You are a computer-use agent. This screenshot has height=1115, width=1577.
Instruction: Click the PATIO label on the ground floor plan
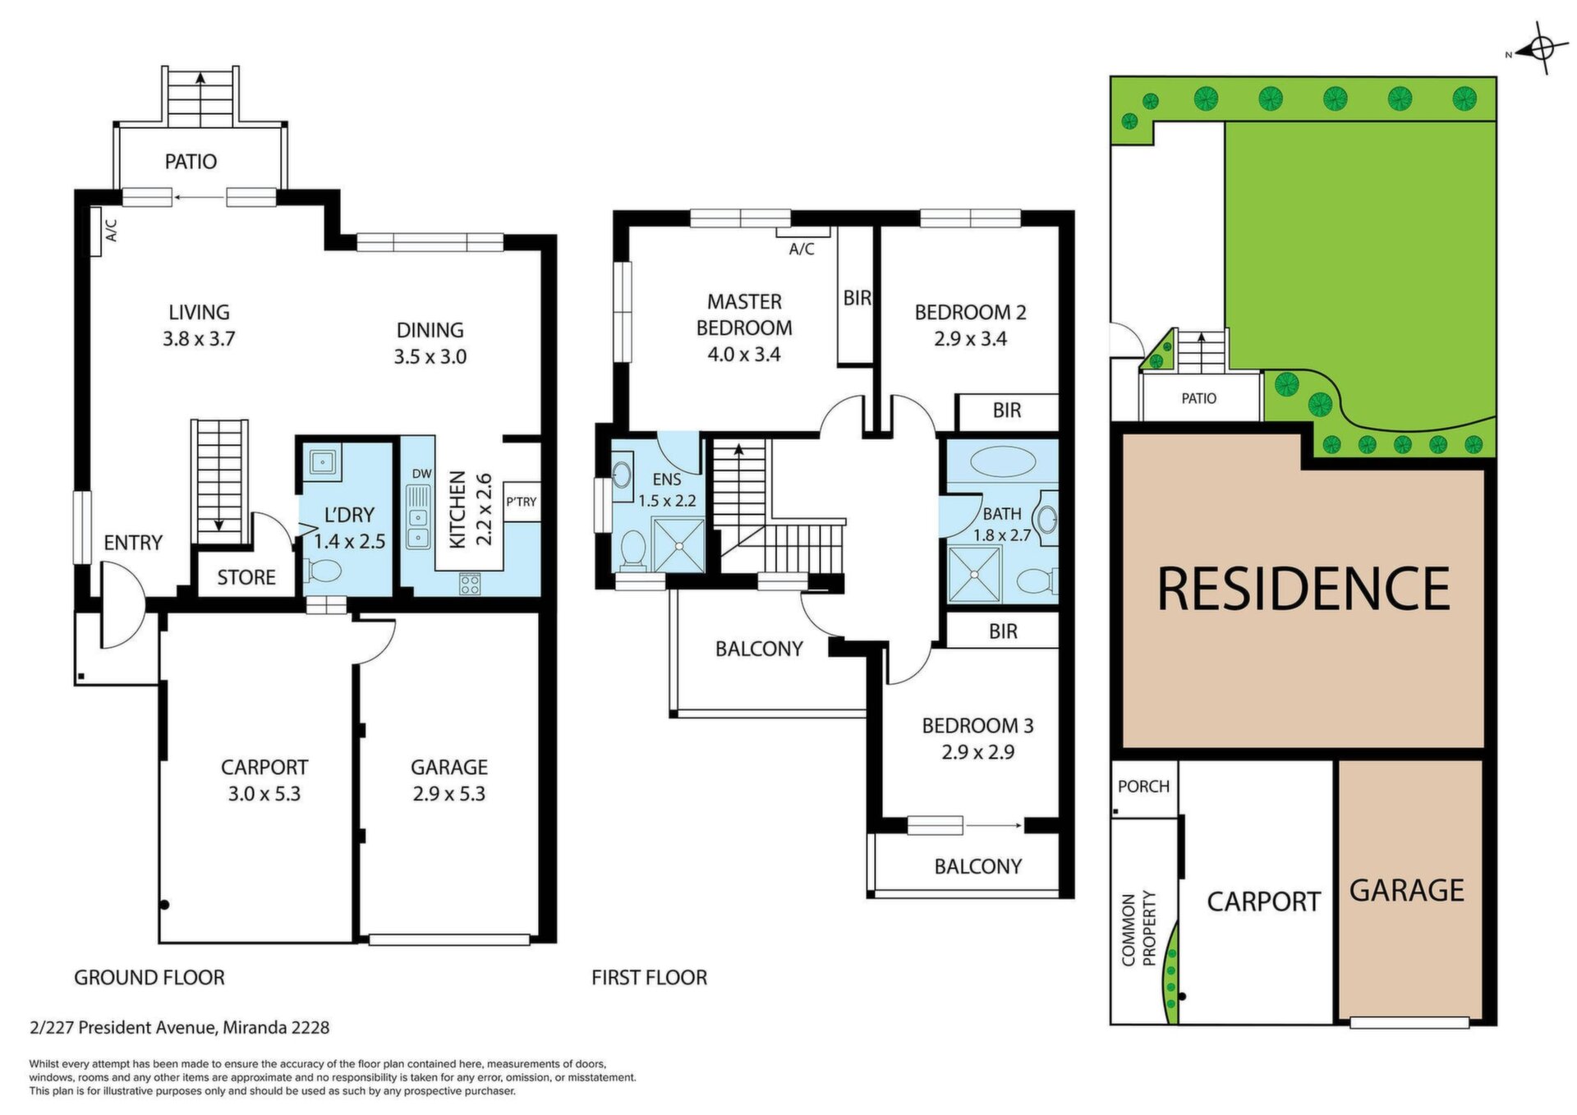[x=191, y=161]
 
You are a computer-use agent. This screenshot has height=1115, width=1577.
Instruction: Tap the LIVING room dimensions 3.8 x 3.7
[x=199, y=338]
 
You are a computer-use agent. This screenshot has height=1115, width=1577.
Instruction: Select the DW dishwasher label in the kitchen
[x=421, y=474]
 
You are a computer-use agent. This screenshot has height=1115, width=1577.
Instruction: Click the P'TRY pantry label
[x=522, y=502]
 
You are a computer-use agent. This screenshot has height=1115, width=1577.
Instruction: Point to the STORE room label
[x=246, y=577]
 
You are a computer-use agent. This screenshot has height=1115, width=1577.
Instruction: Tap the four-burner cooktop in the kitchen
[x=470, y=584]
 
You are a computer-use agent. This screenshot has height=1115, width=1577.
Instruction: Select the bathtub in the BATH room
[x=1003, y=461]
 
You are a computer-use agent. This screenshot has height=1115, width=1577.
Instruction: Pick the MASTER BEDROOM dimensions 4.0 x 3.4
[x=744, y=355]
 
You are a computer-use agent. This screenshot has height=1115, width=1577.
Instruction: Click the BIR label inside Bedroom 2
[x=1007, y=410]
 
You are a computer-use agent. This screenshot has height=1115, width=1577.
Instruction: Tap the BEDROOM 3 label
[x=977, y=726]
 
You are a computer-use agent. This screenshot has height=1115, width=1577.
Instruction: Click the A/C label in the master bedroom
[x=802, y=249]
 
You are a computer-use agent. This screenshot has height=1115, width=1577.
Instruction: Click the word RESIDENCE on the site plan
[x=1303, y=589]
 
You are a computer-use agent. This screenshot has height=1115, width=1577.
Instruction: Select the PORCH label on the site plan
[x=1143, y=787]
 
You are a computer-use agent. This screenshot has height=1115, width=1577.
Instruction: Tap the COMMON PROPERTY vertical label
[x=1138, y=929]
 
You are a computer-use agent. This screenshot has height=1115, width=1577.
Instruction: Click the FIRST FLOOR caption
[x=649, y=977]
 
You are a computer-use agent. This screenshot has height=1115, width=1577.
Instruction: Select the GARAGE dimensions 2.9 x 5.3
[x=449, y=794]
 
